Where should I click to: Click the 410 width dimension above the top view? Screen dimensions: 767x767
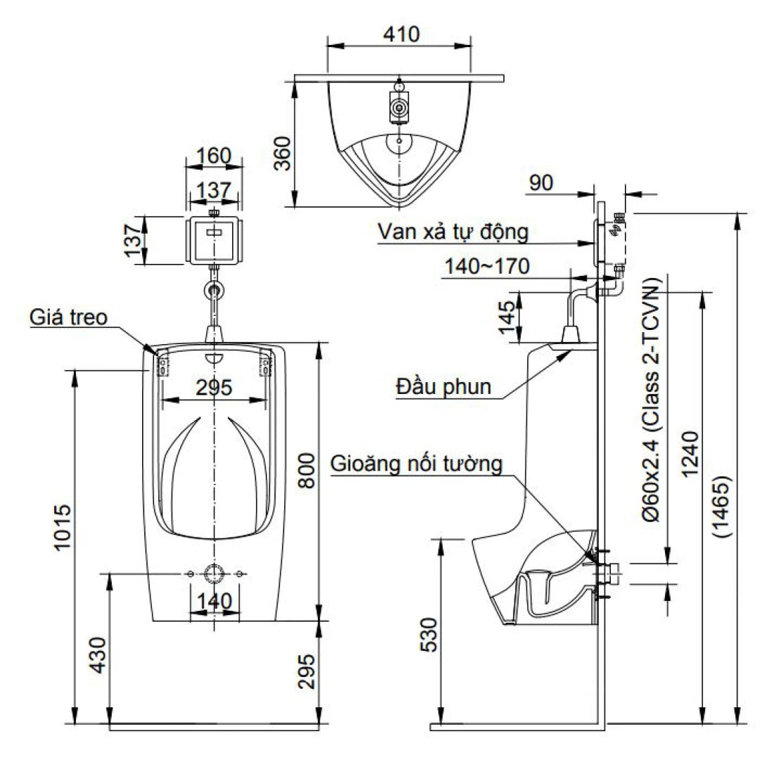coord(398,33)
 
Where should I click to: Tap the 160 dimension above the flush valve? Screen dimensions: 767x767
coord(214,156)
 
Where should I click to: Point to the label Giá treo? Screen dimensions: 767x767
coord(68,317)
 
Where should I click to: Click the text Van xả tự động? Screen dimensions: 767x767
coord(452,231)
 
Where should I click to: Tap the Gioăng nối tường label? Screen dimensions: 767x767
coord(417,464)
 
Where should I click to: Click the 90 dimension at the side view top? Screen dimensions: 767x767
coord(541,182)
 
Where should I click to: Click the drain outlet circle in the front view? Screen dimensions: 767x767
coord(214,573)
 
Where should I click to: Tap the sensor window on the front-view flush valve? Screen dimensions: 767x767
coord(214,229)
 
